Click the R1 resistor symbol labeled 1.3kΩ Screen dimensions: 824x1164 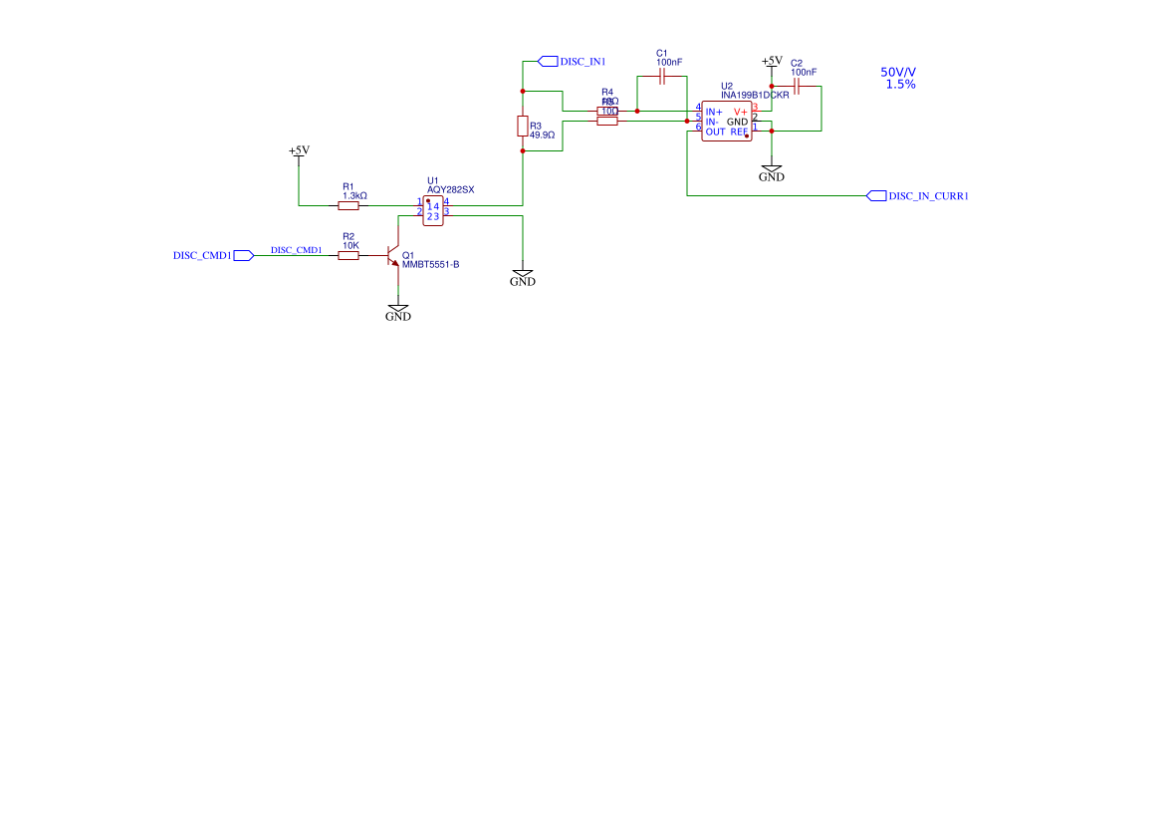[349, 206]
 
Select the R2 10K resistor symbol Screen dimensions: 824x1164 [349, 256]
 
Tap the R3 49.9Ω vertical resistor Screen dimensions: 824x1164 [523, 126]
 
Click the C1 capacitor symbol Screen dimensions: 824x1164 [661, 78]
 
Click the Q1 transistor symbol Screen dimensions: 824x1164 [393, 257]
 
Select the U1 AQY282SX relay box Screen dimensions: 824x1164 [432, 211]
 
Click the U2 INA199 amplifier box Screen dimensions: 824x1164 [726, 122]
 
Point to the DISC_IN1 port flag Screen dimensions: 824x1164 [548, 61]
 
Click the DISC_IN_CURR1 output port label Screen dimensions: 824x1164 [927, 196]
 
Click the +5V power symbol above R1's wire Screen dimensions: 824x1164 [299, 152]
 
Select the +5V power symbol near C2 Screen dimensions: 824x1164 [772, 62]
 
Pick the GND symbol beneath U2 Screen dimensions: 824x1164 [772, 172]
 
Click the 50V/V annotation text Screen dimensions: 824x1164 [898, 73]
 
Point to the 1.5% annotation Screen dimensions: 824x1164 [900, 85]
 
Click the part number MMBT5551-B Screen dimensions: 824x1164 [430, 265]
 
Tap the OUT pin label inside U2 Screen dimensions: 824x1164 [715, 132]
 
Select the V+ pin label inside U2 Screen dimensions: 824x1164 [741, 111]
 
